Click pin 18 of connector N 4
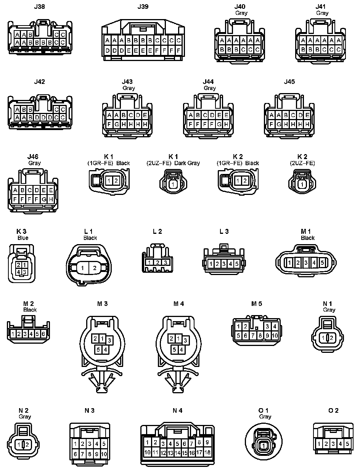[207, 452]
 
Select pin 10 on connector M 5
[275, 336]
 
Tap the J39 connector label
[143, 6]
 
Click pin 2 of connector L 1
[95, 269]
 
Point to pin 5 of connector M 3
[98, 349]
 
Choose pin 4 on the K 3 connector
[19, 272]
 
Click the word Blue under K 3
[23, 238]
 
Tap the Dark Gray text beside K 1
[187, 163]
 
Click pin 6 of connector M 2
[43, 334]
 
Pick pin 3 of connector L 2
[165, 262]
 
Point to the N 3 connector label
[90, 410]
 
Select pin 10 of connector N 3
[104, 454]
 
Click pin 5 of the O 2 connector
[347, 444]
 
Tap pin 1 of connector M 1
[290, 262]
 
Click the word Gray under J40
[241, 13]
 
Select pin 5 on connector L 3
[236, 264]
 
